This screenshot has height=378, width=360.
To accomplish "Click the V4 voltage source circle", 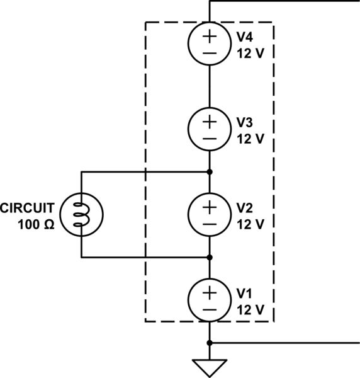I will tap(209, 45).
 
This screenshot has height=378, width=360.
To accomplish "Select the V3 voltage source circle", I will tap(209, 129).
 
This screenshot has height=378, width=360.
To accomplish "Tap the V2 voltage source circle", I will tap(209, 214).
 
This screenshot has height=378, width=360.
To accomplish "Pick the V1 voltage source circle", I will tap(209, 300).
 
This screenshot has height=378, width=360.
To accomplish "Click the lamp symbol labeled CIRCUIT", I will tap(82, 214).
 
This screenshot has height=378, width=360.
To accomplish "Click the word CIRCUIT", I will tap(28, 207).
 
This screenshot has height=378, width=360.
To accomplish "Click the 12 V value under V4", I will tap(250, 53).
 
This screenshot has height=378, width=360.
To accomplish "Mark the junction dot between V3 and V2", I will tap(209, 171).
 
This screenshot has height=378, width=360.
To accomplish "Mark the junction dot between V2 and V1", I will tap(209, 257).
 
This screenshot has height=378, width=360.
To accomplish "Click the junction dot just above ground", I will tap(209, 343).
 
